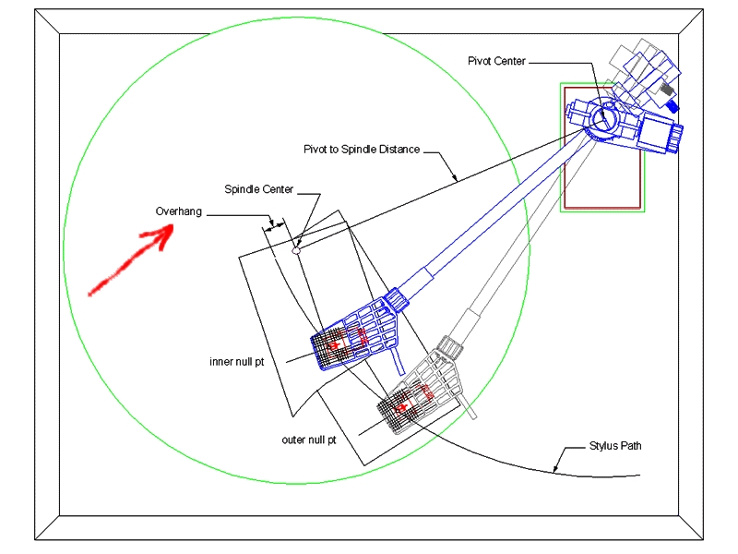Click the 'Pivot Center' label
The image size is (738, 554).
(496, 61)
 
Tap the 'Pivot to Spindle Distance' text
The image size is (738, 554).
(362, 150)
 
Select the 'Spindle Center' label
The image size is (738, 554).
(259, 189)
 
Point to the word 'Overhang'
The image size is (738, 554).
(179, 211)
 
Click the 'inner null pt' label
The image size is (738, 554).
(237, 362)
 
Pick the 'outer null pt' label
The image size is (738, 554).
(309, 440)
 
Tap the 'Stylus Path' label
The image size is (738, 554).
(615, 446)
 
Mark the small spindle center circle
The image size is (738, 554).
(296, 250)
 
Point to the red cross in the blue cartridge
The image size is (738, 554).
(335, 345)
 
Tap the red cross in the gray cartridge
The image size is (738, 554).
(402, 407)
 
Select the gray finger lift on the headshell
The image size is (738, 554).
(469, 406)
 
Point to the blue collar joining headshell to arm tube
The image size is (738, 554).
(397, 300)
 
